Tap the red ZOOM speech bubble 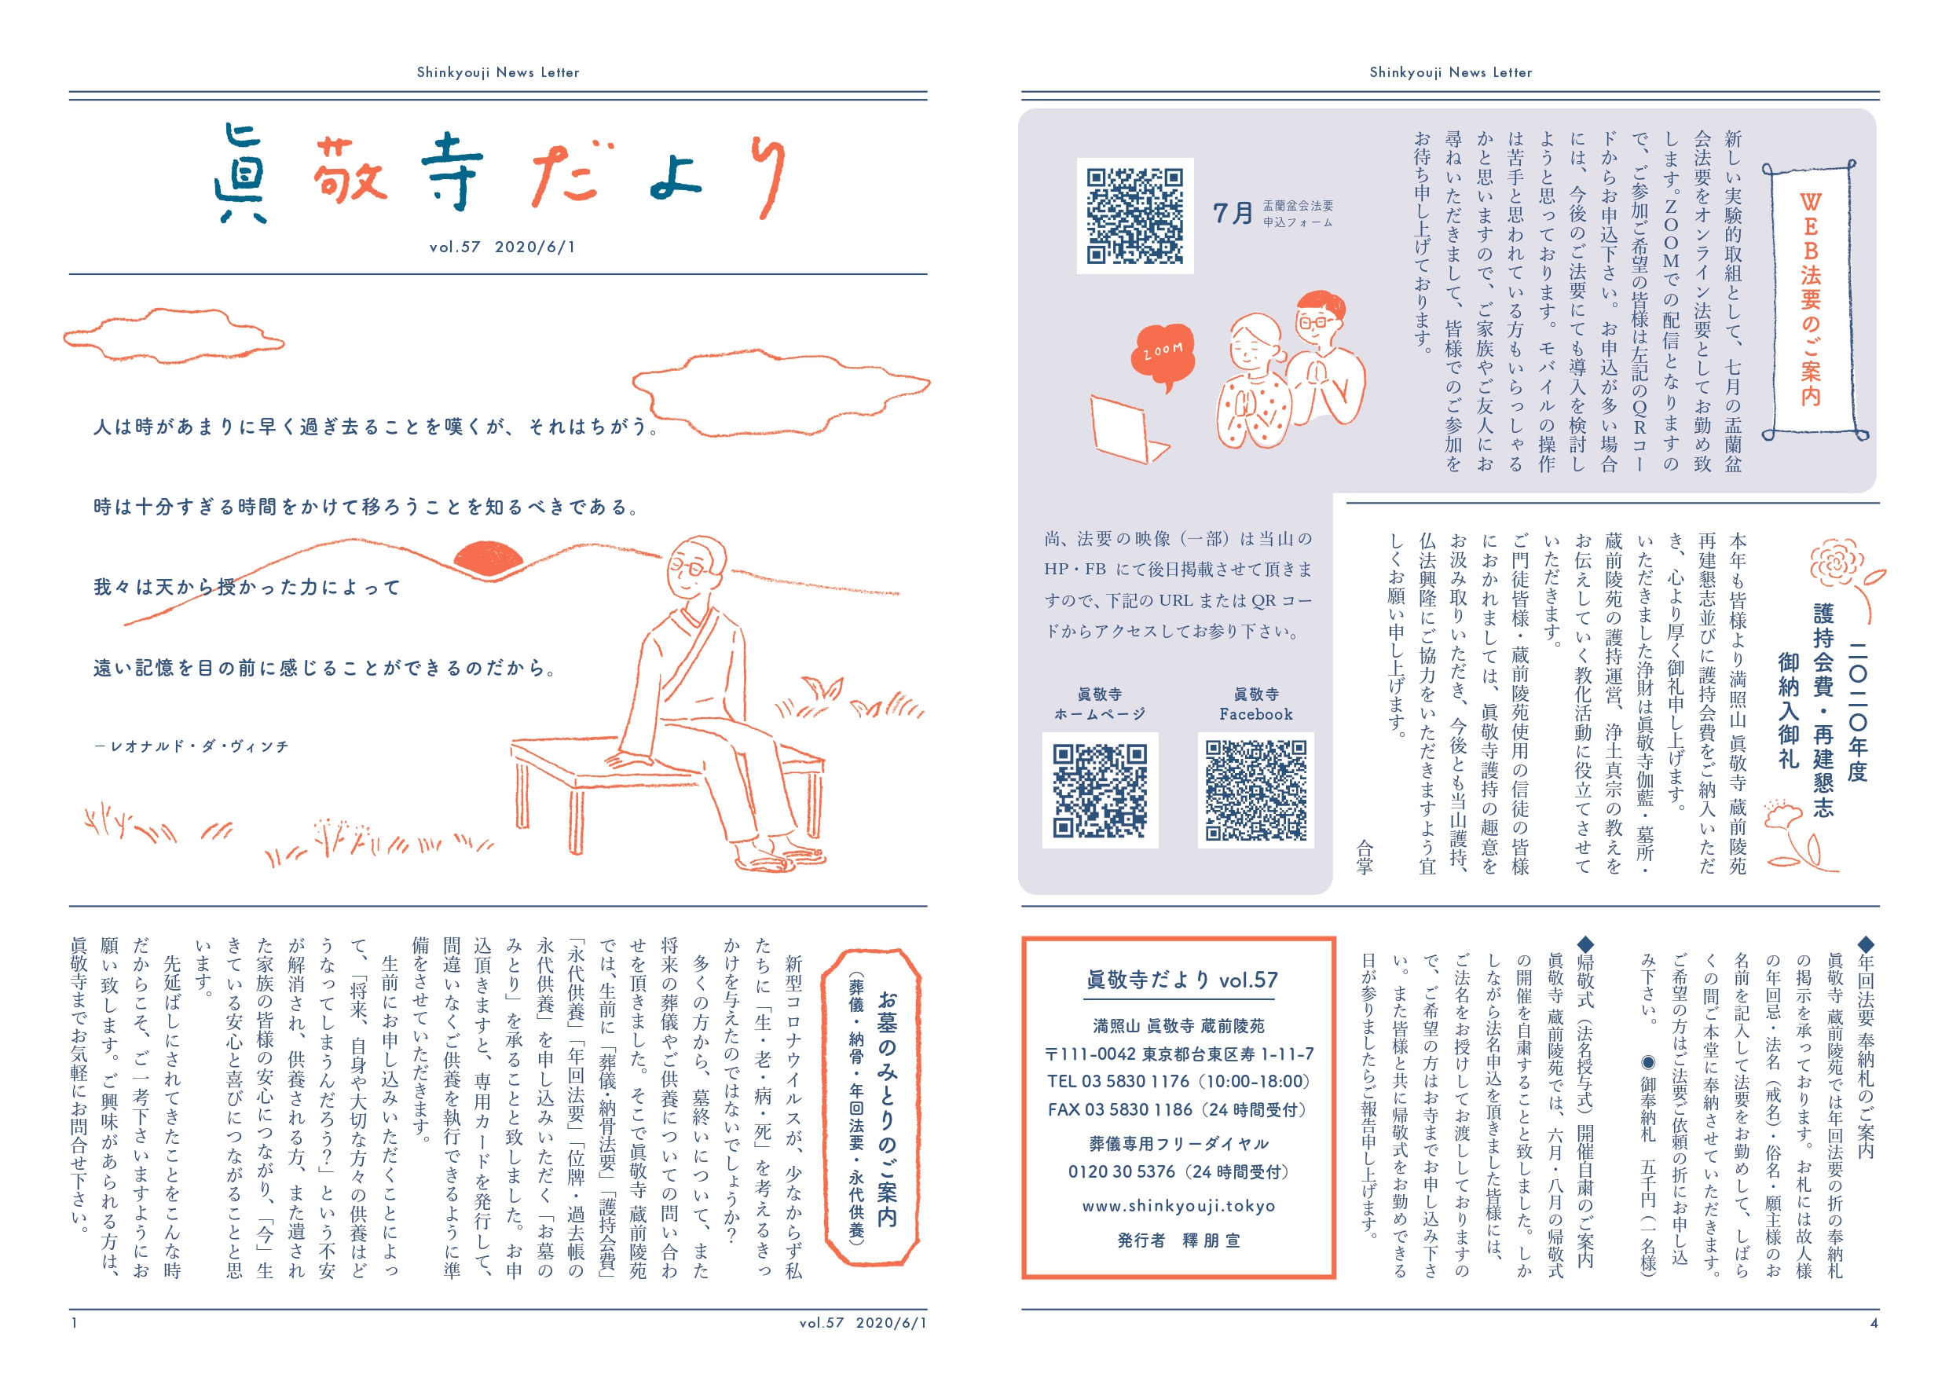(x=1163, y=355)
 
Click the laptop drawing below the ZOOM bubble (x=1128, y=430)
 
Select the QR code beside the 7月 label (x=1135, y=216)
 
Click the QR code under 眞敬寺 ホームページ (x=1100, y=790)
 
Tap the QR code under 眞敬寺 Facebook (x=1255, y=790)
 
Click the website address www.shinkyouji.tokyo (x=1178, y=1206)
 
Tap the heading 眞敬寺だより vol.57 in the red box (x=1181, y=980)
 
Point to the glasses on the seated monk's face (x=686, y=566)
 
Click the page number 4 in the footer (x=1874, y=1323)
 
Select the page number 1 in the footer (x=75, y=1323)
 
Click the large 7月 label (x=1233, y=213)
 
